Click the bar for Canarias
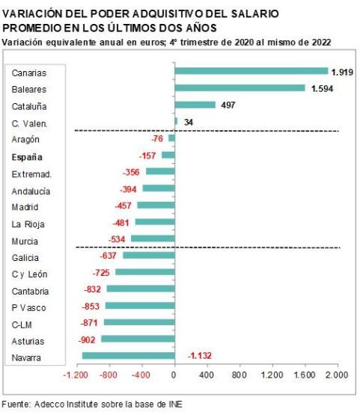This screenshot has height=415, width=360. [x=251, y=72]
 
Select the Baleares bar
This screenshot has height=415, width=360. [x=240, y=88]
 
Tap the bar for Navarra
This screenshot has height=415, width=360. [x=128, y=356]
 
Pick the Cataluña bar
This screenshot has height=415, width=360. [x=195, y=105]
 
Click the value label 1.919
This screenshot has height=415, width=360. [x=342, y=72]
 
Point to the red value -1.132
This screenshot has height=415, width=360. [x=202, y=356]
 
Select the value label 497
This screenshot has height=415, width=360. [x=228, y=105]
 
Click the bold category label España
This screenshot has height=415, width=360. [x=28, y=156]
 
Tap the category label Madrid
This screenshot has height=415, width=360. [x=25, y=206]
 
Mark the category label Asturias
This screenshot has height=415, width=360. [x=27, y=340]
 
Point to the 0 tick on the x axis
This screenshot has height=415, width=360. [x=174, y=375]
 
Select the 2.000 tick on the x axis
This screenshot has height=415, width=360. [x=337, y=375]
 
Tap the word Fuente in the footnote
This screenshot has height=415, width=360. [x=16, y=405]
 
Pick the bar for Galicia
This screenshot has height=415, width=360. [x=148, y=256]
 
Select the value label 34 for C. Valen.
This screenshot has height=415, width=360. [x=188, y=122]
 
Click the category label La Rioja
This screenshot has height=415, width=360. [x=27, y=223]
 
